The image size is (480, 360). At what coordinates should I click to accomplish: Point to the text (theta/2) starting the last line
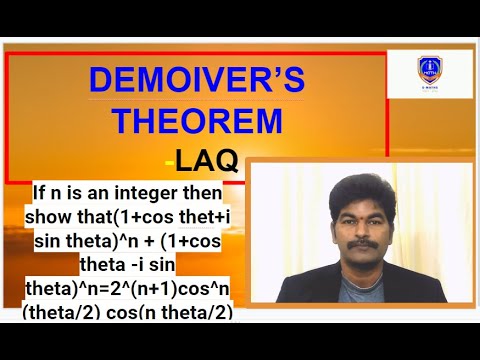[x=70, y=312]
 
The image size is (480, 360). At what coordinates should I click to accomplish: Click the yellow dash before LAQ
[x=167, y=161]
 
